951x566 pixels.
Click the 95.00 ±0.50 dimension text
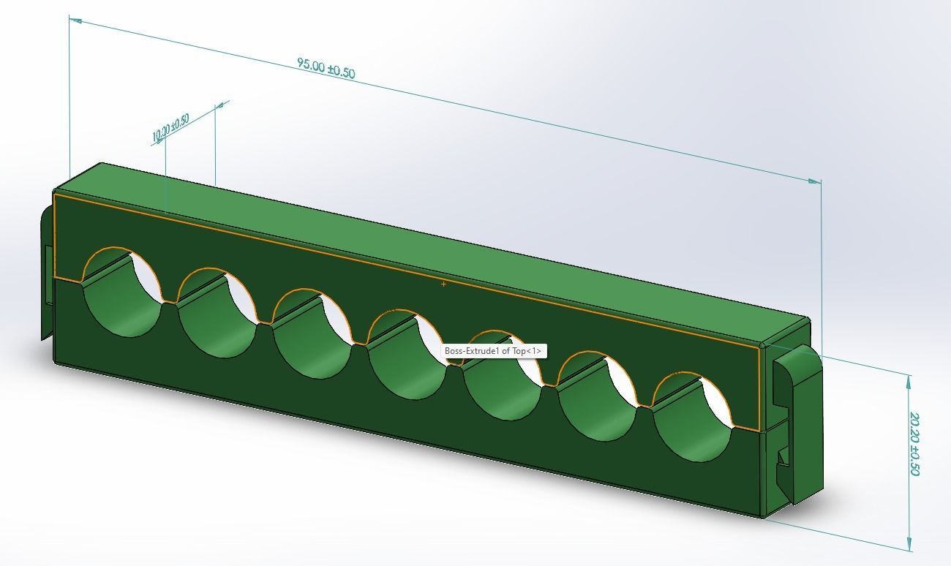pyautogui.click(x=326, y=68)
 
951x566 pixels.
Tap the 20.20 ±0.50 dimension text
pyautogui.click(x=914, y=443)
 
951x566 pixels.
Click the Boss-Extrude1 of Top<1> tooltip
pyautogui.click(x=494, y=351)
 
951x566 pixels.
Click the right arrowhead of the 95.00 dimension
pyautogui.click(x=814, y=181)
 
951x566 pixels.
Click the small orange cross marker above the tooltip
pyautogui.click(x=444, y=284)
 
